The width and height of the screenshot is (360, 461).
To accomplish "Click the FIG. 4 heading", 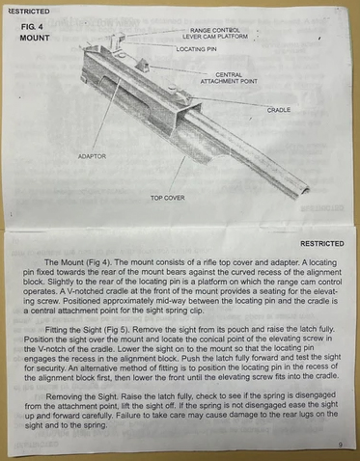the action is (32, 27).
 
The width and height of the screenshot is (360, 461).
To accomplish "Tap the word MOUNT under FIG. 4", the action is (35, 38).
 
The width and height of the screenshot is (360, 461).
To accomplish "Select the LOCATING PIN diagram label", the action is (196, 49).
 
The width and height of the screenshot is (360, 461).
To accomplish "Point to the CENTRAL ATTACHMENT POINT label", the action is (229, 78).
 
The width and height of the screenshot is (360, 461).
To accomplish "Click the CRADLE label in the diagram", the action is (279, 110).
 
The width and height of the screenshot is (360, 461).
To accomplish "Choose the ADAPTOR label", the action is (92, 156).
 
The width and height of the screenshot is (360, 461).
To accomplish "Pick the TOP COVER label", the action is (168, 198).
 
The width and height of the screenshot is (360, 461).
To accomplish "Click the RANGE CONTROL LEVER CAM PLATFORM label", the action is (215, 34).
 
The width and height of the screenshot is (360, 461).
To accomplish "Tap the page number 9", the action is (340, 445).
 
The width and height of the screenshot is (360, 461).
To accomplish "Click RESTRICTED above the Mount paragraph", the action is (322, 244).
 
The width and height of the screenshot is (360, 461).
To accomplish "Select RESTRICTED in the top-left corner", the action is (29, 12).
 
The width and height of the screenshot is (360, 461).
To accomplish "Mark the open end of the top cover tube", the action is (304, 192).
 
